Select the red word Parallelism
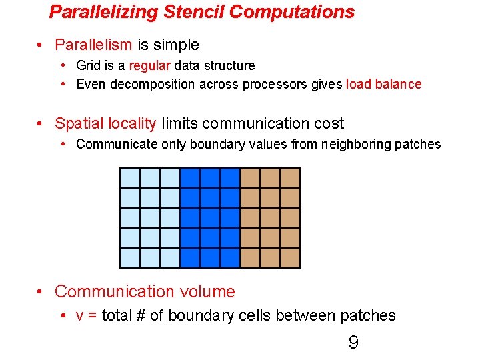click(x=93, y=45)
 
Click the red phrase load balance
click(x=383, y=84)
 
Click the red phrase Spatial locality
click(x=105, y=123)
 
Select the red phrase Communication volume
click(x=145, y=291)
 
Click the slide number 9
click(x=353, y=343)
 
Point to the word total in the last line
click(x=117, y=315)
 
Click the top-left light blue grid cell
click(x=129, y=178)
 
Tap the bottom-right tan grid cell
click(x=290, y=257)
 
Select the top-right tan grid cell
click(x=290, y=178)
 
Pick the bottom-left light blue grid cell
click(x=129, y=257)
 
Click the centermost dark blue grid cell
click(x=210, y=218)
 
